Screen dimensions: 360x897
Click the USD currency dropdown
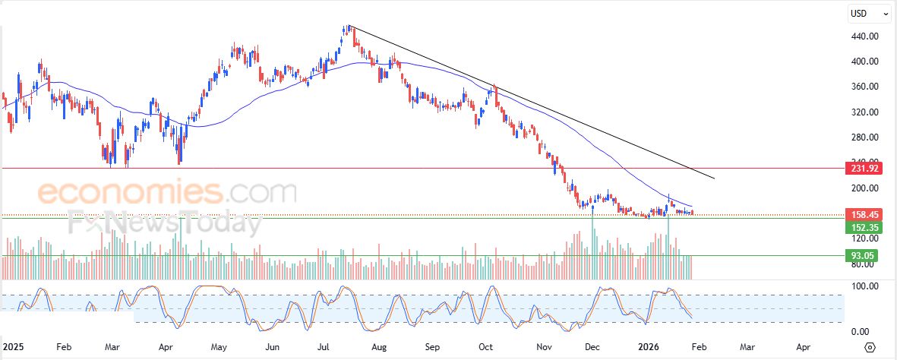click(x=869, y=13)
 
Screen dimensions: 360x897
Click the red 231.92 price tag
click(x=862, y=168)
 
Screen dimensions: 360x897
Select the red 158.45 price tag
click(x=862, y=215)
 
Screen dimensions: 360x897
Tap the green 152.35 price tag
click(x=862, y=227)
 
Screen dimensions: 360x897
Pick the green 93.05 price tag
click(x=862, y=256)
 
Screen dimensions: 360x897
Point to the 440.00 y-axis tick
click(x=864, y=36)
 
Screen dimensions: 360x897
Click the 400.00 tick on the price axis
click(x=864, y=62)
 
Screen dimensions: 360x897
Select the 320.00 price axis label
click(x=864, y=112)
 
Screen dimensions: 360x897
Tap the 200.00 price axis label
click(x=864, y=188)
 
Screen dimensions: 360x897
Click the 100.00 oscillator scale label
click(x=864, y=286)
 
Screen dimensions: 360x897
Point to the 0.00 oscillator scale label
click(x=860, y=332)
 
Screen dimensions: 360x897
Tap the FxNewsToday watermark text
click(x=164, y=223)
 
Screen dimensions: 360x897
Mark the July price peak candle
click(x=346, y=30)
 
